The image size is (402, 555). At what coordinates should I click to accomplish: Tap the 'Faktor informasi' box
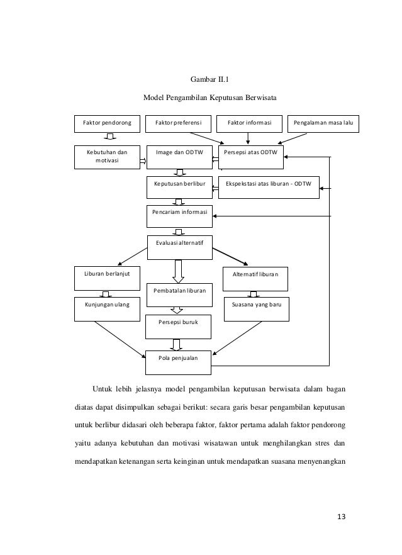[249, 123]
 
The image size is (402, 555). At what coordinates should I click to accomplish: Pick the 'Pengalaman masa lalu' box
[323, 123]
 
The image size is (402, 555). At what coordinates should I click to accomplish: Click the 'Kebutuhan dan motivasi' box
[108, 157]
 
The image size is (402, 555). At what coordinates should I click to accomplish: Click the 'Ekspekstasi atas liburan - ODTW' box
[269, 185]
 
